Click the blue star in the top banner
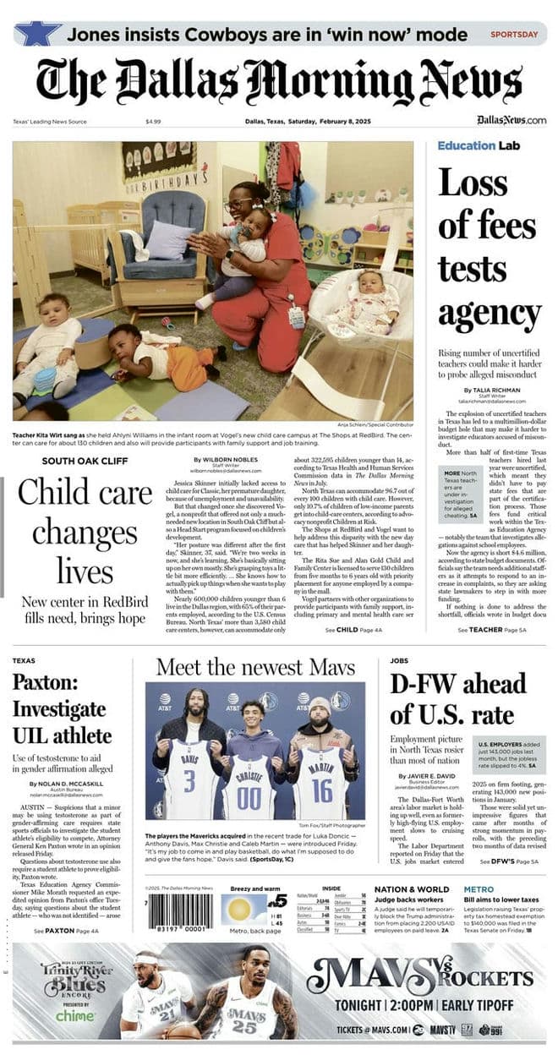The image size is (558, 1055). (37, 33)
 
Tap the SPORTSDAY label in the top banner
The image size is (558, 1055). (514, 35)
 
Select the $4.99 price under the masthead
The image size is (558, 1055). (153, 121)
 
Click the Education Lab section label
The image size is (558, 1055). (478, 145)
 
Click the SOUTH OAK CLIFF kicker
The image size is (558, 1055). (85, 461)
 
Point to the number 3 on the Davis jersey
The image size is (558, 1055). (189, 776)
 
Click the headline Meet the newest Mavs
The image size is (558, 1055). (254, 667)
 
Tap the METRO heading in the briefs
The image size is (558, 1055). (479, 889)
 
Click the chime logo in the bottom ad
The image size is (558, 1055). (77, 1015)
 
